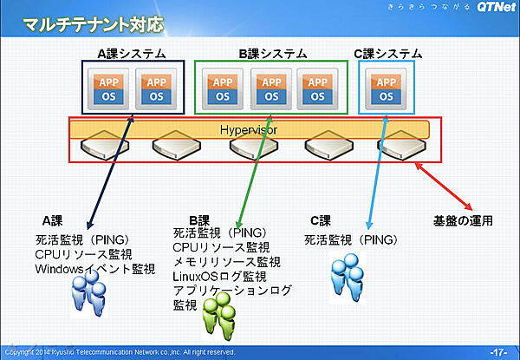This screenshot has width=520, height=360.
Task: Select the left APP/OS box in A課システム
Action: tap(108, 88)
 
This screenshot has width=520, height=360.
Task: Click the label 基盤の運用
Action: tap(463, 219)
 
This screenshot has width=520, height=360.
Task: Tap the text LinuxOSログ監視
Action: tap(220, 276)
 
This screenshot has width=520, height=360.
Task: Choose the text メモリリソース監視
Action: tap(227, 262)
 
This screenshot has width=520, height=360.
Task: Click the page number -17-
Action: tap(498, 352)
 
